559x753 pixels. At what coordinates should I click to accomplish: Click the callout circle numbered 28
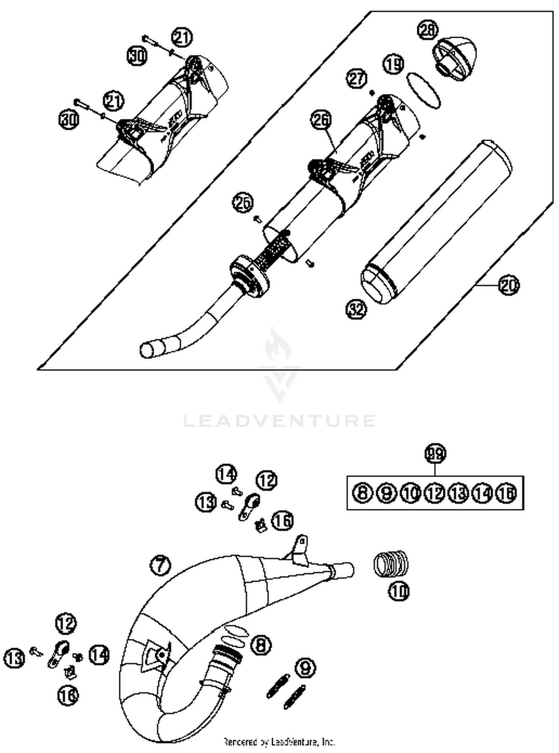(428, 30)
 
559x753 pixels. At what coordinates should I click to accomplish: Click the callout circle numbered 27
(357, 79)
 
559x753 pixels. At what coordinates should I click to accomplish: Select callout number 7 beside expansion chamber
(160, 565)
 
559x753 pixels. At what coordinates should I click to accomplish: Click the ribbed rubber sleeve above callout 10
(391, 564)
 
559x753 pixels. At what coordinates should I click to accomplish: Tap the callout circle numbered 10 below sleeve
(399, 591)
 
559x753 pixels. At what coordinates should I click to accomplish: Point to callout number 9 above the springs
(306, 668)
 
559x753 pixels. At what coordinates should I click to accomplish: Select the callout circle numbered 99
(435, 454)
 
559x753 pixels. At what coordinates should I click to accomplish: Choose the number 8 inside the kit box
(363, 493)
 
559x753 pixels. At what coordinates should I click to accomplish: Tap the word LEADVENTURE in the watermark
(279, 421)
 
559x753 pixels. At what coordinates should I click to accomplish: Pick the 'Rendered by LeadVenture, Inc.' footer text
(279, 742)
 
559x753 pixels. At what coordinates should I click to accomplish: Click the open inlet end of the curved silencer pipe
(148, 350)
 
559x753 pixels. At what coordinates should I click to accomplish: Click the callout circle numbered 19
(394, 64)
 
